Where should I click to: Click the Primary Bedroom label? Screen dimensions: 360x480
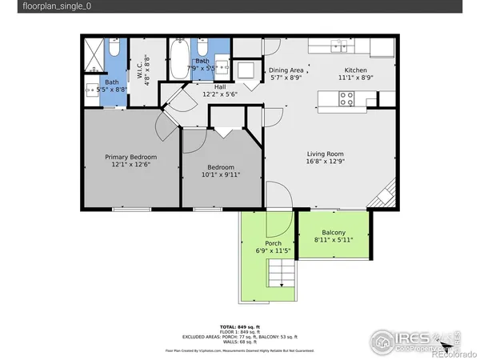coord(131,157)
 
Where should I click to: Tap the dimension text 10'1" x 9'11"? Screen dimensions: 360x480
coord(220,174)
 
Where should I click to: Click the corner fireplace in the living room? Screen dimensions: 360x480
coord(386,196)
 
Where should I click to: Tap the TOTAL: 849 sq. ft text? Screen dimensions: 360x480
coord(240,326)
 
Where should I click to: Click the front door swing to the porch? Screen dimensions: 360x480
coord(278,195)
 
